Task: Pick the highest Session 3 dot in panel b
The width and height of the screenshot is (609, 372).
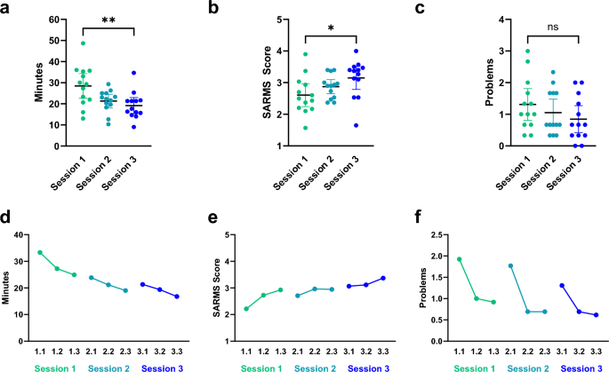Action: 357,51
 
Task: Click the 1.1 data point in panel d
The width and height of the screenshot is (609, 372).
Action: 41,252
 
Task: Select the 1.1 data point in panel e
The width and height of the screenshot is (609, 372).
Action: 244,309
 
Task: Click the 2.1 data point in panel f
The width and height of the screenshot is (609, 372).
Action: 511,265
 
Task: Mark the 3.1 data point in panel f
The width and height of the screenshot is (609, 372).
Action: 563,285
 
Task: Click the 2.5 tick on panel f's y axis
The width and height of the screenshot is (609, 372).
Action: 436,235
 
